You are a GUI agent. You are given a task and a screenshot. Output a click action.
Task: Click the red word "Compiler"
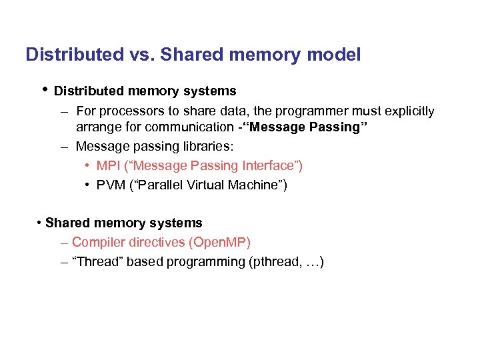[x=97, y=243]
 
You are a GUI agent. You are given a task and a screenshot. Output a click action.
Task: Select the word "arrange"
[x=98, y=127]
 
